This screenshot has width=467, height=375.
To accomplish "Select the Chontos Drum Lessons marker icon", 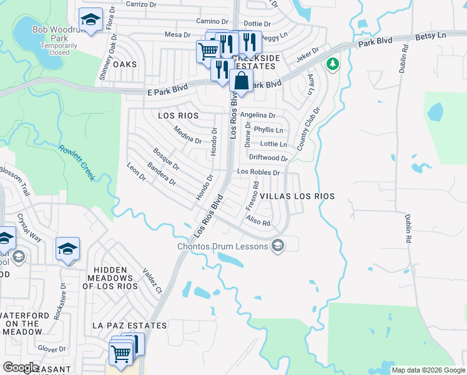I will (x=278, y=246).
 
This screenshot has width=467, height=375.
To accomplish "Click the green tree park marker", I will (x=332, y=64).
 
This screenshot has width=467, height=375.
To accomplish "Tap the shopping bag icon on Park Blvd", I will (x=240, y=81).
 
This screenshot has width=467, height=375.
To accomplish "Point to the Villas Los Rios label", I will (x=297, y=196).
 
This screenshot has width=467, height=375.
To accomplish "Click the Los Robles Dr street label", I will (x=257, y=172).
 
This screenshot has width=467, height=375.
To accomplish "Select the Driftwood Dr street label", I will (x=268, y=158).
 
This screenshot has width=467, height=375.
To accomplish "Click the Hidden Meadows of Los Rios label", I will (x=111, y=277).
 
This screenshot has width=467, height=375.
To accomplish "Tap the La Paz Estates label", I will (x=129, y=326).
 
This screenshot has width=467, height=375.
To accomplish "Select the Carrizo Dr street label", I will (x=140, y=4).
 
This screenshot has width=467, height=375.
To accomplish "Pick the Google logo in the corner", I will (x=21, y=367).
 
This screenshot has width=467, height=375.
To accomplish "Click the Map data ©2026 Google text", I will (x=428, y=370).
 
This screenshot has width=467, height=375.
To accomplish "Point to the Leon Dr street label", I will (x=135, y=172).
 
